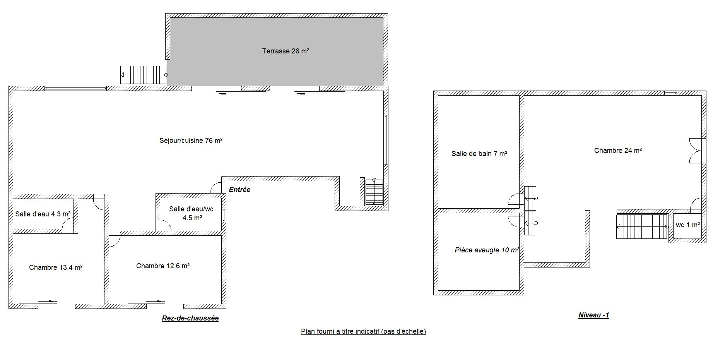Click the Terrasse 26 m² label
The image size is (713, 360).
(x=286, y=51)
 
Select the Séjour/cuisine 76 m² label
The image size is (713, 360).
(x=191, y=141)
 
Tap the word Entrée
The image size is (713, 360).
(x=239, y=190)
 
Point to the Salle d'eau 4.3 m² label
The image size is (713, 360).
(x=43, y=214)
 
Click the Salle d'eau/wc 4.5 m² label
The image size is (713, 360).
(x=191, y=213)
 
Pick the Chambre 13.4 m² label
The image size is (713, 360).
(x=56, y=267)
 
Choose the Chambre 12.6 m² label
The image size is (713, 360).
(x=163, y=266)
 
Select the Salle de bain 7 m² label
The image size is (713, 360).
(x=479, y=154)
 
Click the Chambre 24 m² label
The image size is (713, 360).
(x=618, y=151)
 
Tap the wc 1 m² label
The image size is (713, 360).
(x=688, y=225)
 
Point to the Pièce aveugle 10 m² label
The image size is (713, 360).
(x=487, y=250)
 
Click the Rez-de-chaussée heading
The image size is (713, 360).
(x=190, y=318)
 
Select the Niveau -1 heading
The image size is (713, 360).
(x=593, y=315)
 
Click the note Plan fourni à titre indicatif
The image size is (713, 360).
(x=363, y=331)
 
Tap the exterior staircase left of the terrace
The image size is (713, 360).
(x=144, y=75)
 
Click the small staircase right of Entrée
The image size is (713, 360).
(x=374, y=192)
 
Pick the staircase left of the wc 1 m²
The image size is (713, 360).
(x=643, y=226)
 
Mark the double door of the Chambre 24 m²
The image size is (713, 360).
(x=696, y=151)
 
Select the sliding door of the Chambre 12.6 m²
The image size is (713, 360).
(x=147, y=302)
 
